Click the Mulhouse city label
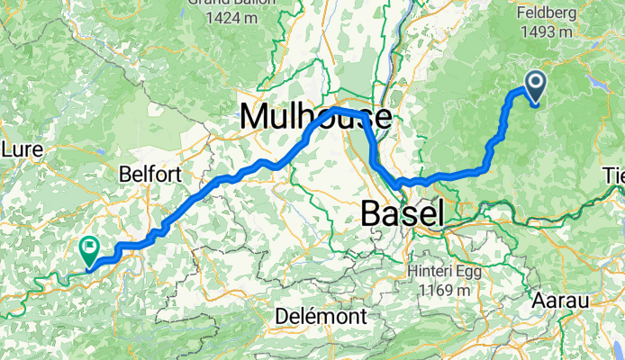315,117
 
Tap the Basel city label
402,213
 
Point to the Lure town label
18,148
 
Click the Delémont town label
321,317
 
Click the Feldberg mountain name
548,13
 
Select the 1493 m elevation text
547,32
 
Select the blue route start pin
533,87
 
